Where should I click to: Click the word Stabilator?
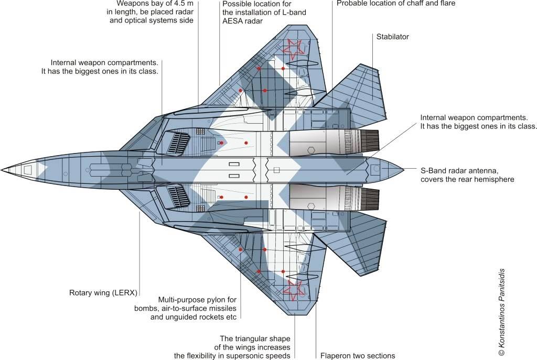click(x=392, y=37)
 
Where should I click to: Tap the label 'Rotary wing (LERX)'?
click(x=103, y=292)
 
